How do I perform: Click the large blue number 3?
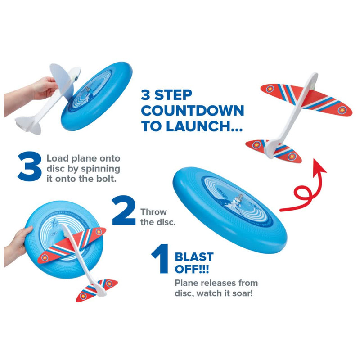(30, 166)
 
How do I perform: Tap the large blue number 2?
(124, 210)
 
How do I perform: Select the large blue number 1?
(162, 259)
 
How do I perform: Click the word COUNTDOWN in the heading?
(193, 111)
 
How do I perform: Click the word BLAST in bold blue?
(194, 256)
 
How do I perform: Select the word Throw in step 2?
(153, 212)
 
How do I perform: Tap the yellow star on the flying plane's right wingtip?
(342, 110)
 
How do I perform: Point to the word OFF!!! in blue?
(192, 269)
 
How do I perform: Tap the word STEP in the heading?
(173, 95)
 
